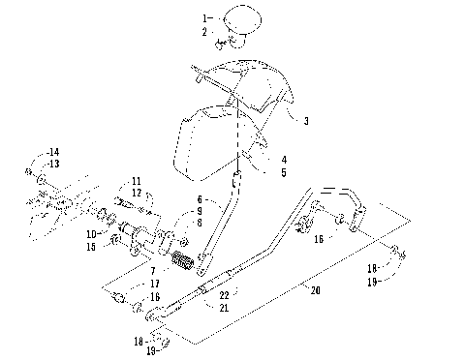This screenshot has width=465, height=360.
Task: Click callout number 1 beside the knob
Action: click(204, 18)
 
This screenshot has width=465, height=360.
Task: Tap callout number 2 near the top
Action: click(204, 32)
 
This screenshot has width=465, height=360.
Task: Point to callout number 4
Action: click(284, 159)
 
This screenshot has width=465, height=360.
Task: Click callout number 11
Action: click(137, 181)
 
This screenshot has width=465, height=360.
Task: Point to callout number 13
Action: click(53, 164)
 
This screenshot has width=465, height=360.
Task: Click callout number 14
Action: click(53, 153)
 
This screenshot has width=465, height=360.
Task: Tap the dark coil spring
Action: click(184, 260)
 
